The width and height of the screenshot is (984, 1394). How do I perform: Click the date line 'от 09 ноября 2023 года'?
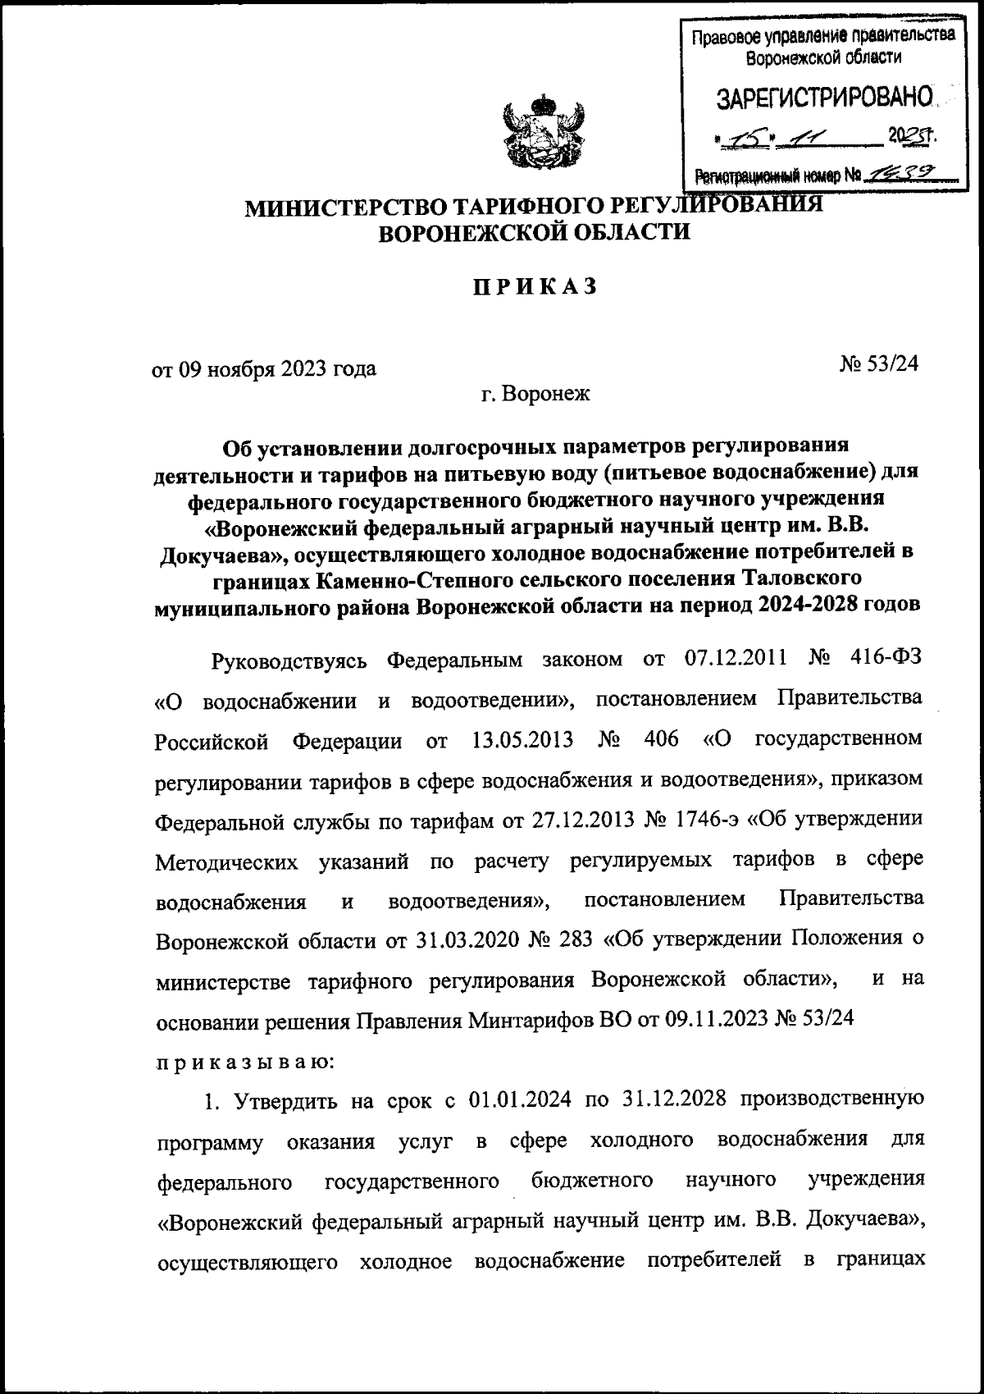[x=265, y=368]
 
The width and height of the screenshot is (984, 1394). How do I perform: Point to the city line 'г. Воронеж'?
[x=535, y=395]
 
